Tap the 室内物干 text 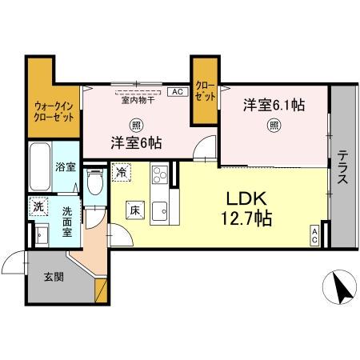138,100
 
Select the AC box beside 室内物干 176,91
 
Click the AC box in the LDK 315,236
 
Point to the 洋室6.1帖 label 274,105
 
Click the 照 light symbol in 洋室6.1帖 274,124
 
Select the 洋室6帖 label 136,143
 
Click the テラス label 342,168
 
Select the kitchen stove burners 159,174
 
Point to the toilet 95,183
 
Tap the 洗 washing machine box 38,206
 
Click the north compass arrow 338,288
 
